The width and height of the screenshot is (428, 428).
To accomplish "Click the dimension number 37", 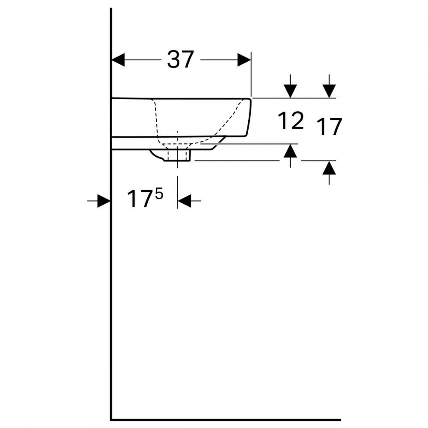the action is click(x=181, y=59).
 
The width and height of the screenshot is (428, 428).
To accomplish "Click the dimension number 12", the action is click(x=291, y=120).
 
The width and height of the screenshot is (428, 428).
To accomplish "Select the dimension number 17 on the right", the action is click(x=329, y=126).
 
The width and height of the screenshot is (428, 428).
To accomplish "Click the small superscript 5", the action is click(x=159, y=194).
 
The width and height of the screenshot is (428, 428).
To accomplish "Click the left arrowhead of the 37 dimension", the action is click(x=118, y=60).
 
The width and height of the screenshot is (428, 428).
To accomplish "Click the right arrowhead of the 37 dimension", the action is click(x=244, y=60).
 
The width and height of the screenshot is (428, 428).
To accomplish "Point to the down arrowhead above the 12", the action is click(x=290, y=91).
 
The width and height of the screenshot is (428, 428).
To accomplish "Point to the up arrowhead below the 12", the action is click(x=290, y=151).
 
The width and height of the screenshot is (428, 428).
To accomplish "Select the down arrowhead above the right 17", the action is click(x=329, y=91).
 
